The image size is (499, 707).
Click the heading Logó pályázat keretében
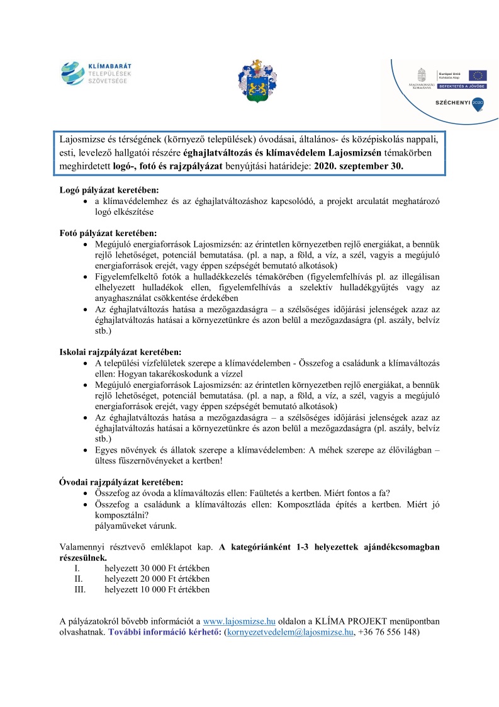[108, 189]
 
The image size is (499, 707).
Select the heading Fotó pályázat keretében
[108, 233]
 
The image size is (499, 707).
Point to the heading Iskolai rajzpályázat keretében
[120, 352]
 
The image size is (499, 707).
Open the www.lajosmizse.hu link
[239, 621]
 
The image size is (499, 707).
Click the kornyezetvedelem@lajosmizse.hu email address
[290, 632]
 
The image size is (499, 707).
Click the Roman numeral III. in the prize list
[79, 590]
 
